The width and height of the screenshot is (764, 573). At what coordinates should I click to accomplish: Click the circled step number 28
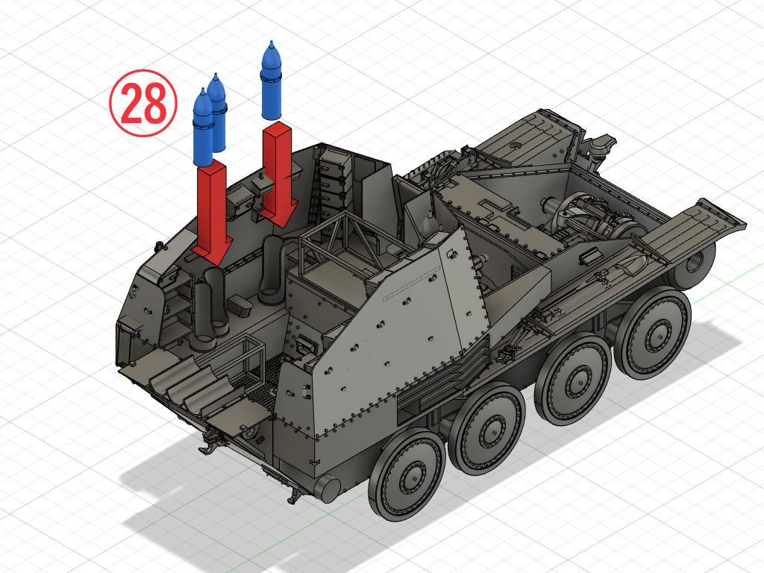coord(143,103)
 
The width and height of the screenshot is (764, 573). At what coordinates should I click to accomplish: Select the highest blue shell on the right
coord(272,81)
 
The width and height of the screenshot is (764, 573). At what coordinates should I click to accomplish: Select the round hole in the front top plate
coord(515,145)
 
